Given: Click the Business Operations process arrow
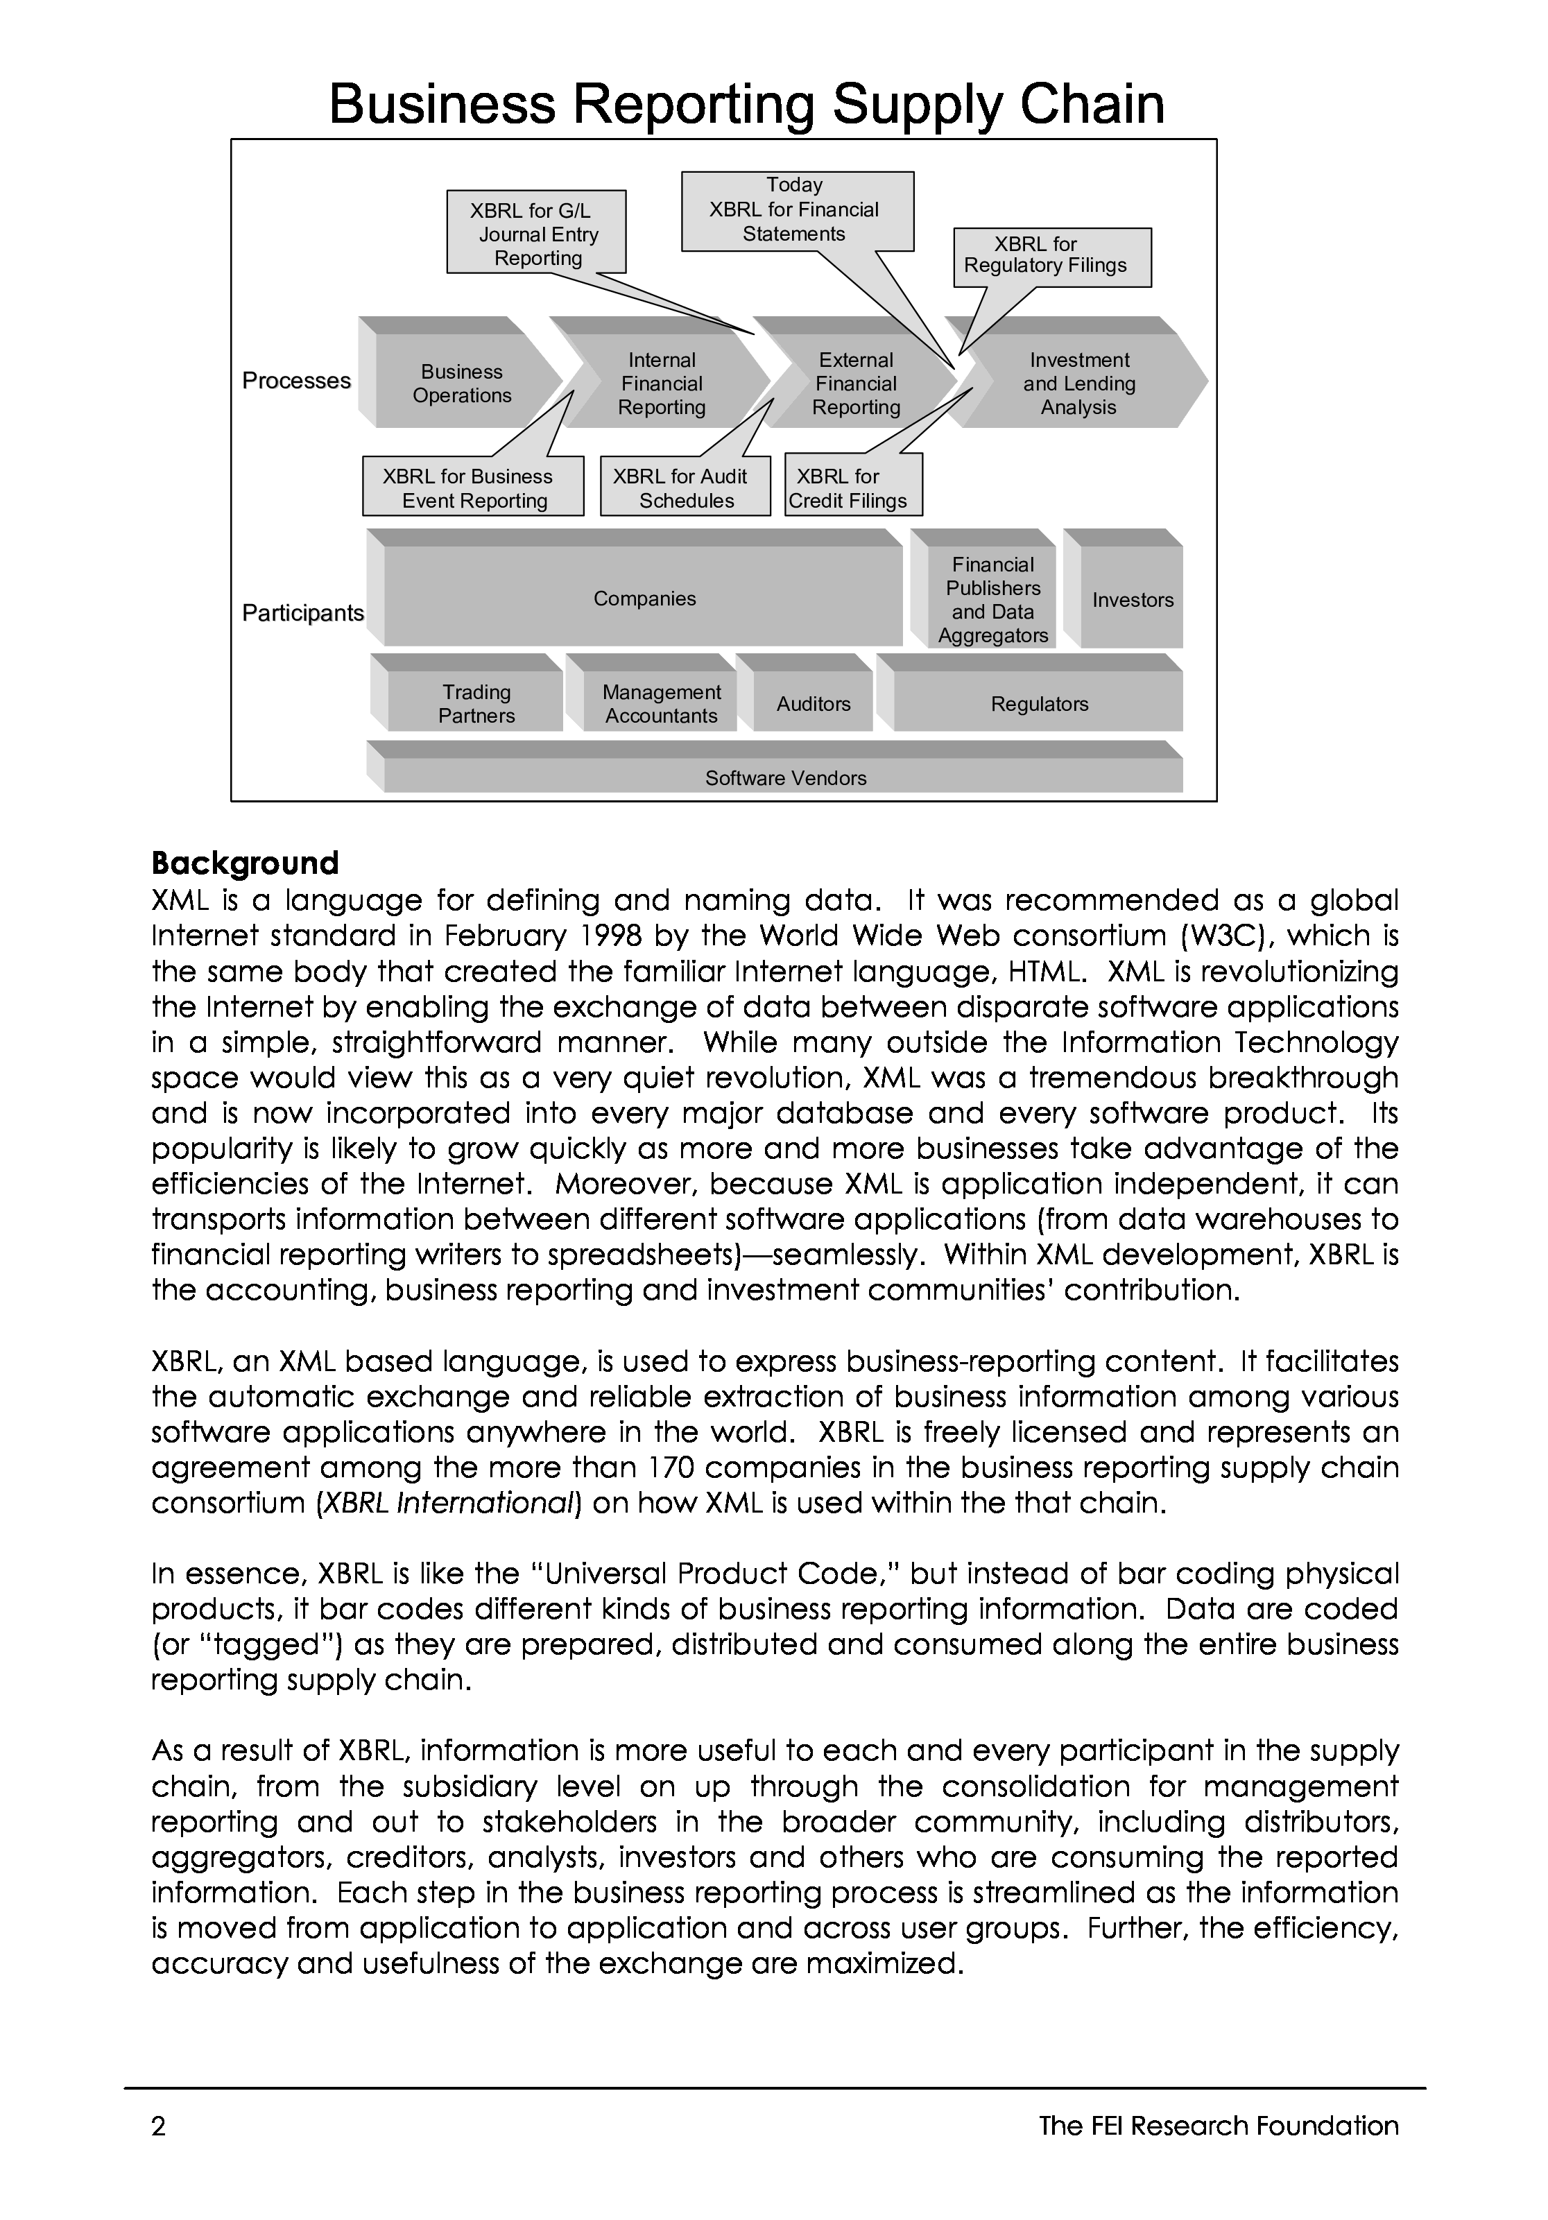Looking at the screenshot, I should click(x=462, y=383).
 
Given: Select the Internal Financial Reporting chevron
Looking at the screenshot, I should click(x=662, y=383).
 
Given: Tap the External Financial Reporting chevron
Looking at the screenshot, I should click(x=856, y=383).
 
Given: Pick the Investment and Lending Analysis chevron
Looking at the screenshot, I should click(x=1079, y=383).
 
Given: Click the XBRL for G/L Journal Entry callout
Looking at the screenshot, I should click(x=537, y=233).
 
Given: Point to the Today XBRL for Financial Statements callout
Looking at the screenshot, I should click(x=797, y=210).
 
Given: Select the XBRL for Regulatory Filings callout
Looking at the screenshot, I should click(x=1052, y=256).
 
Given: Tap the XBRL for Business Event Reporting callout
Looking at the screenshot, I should click(x=473, y=488).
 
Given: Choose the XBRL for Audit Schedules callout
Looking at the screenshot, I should click(x=685, y=488).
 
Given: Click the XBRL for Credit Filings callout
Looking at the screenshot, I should click(x=853, y=488).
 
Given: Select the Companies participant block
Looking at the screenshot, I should click(x=644, y=599).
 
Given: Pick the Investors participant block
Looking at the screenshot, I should click(x=1133, y=599).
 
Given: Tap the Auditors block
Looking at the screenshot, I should click(x=813, y=704).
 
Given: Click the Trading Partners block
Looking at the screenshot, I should click(x=476, y=704).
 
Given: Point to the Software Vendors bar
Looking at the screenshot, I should click(x=784, y=777).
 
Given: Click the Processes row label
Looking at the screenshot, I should click(x=296, y=381).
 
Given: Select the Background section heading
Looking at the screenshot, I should click(x=245, y=863).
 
